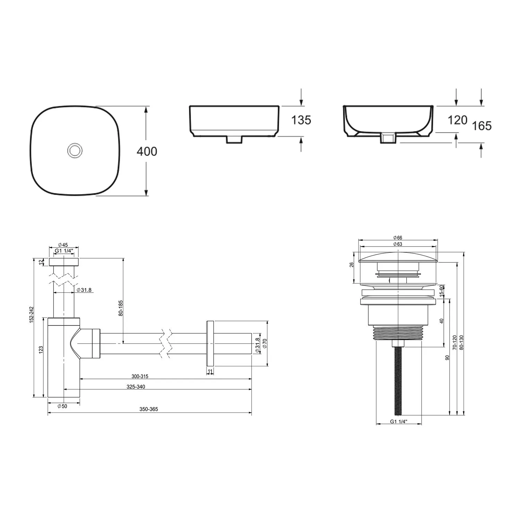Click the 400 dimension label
(x=147, y=151)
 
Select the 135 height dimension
(x=301, y=120)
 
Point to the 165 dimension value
(x=482, y=125)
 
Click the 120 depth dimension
(x=458, y=120)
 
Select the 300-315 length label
(x=140, y=376)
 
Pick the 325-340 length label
(x=136, y=387)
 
